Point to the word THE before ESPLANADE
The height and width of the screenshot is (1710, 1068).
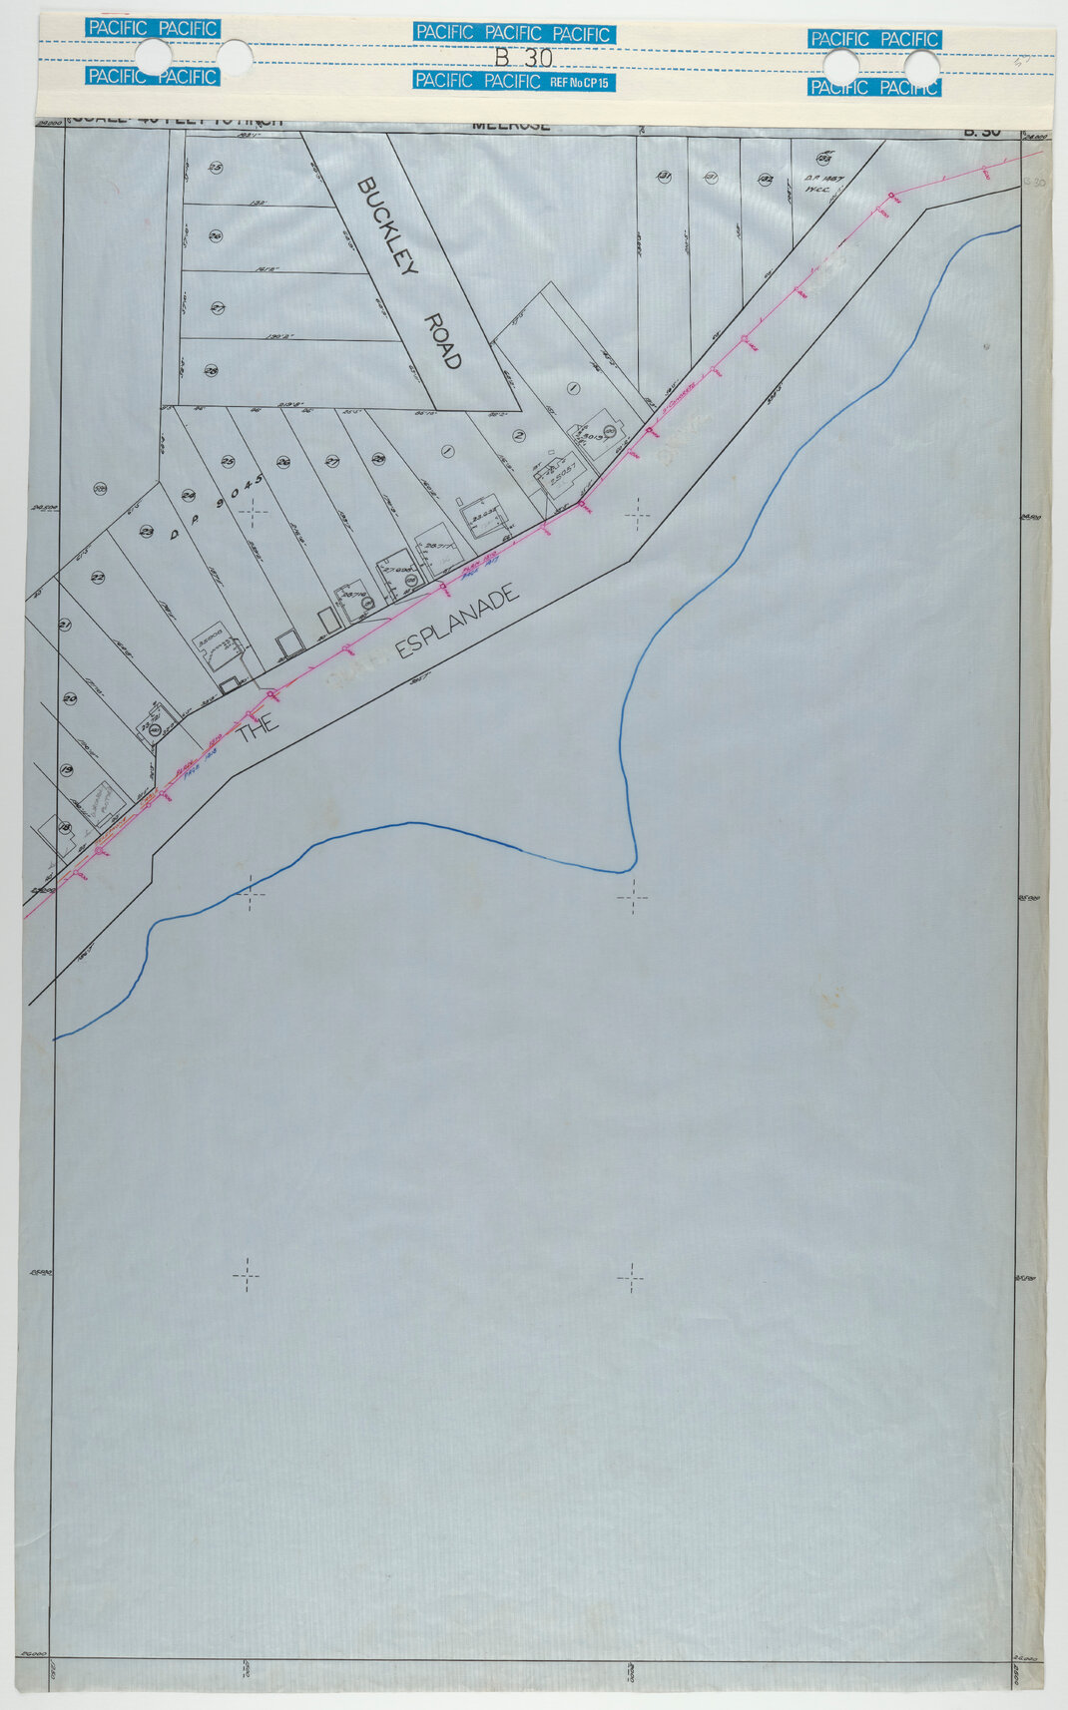coord(258,729)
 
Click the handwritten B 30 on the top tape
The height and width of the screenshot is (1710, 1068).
coord(523,58)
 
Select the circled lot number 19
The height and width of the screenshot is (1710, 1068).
coord(67,770)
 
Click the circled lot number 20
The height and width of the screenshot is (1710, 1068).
coord(70,698)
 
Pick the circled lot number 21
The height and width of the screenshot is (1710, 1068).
coord(66,626)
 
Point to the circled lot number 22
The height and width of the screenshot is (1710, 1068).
coord(97,578)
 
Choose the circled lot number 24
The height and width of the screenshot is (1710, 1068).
coord(188,496)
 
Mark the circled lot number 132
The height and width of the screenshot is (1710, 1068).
coord(767,179)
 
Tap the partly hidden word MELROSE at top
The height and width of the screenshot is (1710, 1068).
coord(511,127)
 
